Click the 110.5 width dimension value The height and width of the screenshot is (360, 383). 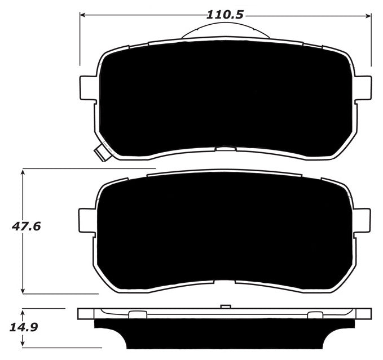point(224,14)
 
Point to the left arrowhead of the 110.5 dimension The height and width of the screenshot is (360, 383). point(82,15)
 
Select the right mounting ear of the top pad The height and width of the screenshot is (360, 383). point(362,88)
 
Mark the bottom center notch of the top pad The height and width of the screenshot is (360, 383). point(225,149)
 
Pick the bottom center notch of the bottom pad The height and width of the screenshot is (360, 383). point(225,282)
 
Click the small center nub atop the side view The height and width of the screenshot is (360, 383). point(225,306)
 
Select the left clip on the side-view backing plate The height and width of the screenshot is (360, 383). point(138,314)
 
